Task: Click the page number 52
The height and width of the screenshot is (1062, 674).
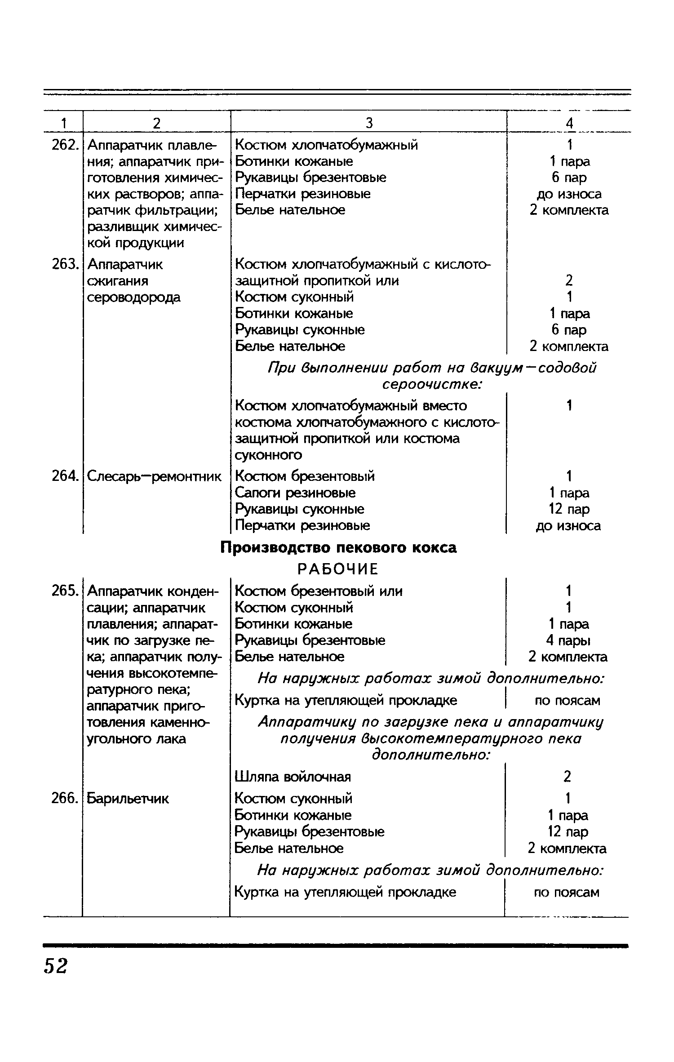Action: click(56, 965)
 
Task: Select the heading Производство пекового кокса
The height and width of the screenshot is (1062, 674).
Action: click(339, 548)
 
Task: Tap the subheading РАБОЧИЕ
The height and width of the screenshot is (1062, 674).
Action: click(338, 569)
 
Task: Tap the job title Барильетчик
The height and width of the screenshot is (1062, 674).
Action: click(128, 799)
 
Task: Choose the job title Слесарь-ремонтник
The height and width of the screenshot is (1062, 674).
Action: click(154, 476)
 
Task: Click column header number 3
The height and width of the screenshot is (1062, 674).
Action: click(369, 123)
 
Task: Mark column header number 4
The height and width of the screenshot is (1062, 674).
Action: click(569, 123)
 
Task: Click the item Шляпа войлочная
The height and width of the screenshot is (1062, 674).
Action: click(293, 777)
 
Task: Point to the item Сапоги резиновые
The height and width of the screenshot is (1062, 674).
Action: click(295, 493)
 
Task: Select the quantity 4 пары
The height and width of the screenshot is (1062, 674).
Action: click(568, 640)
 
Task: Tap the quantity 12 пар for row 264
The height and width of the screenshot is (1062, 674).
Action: click(568, 509)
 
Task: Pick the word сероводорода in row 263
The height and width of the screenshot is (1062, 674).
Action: click(134, 297)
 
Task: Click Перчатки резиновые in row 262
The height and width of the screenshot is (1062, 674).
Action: click(303, 194)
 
